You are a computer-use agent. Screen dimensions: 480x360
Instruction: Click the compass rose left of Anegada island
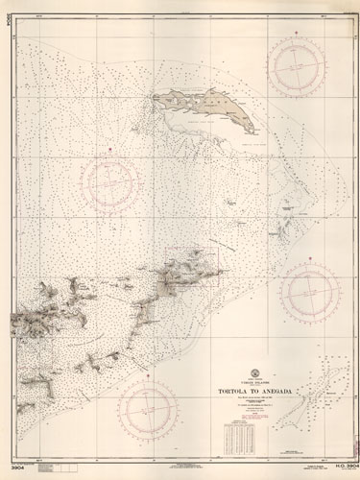113,180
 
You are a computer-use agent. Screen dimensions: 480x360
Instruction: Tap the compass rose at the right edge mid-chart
309,292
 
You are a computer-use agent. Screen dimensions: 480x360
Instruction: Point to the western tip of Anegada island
155,96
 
